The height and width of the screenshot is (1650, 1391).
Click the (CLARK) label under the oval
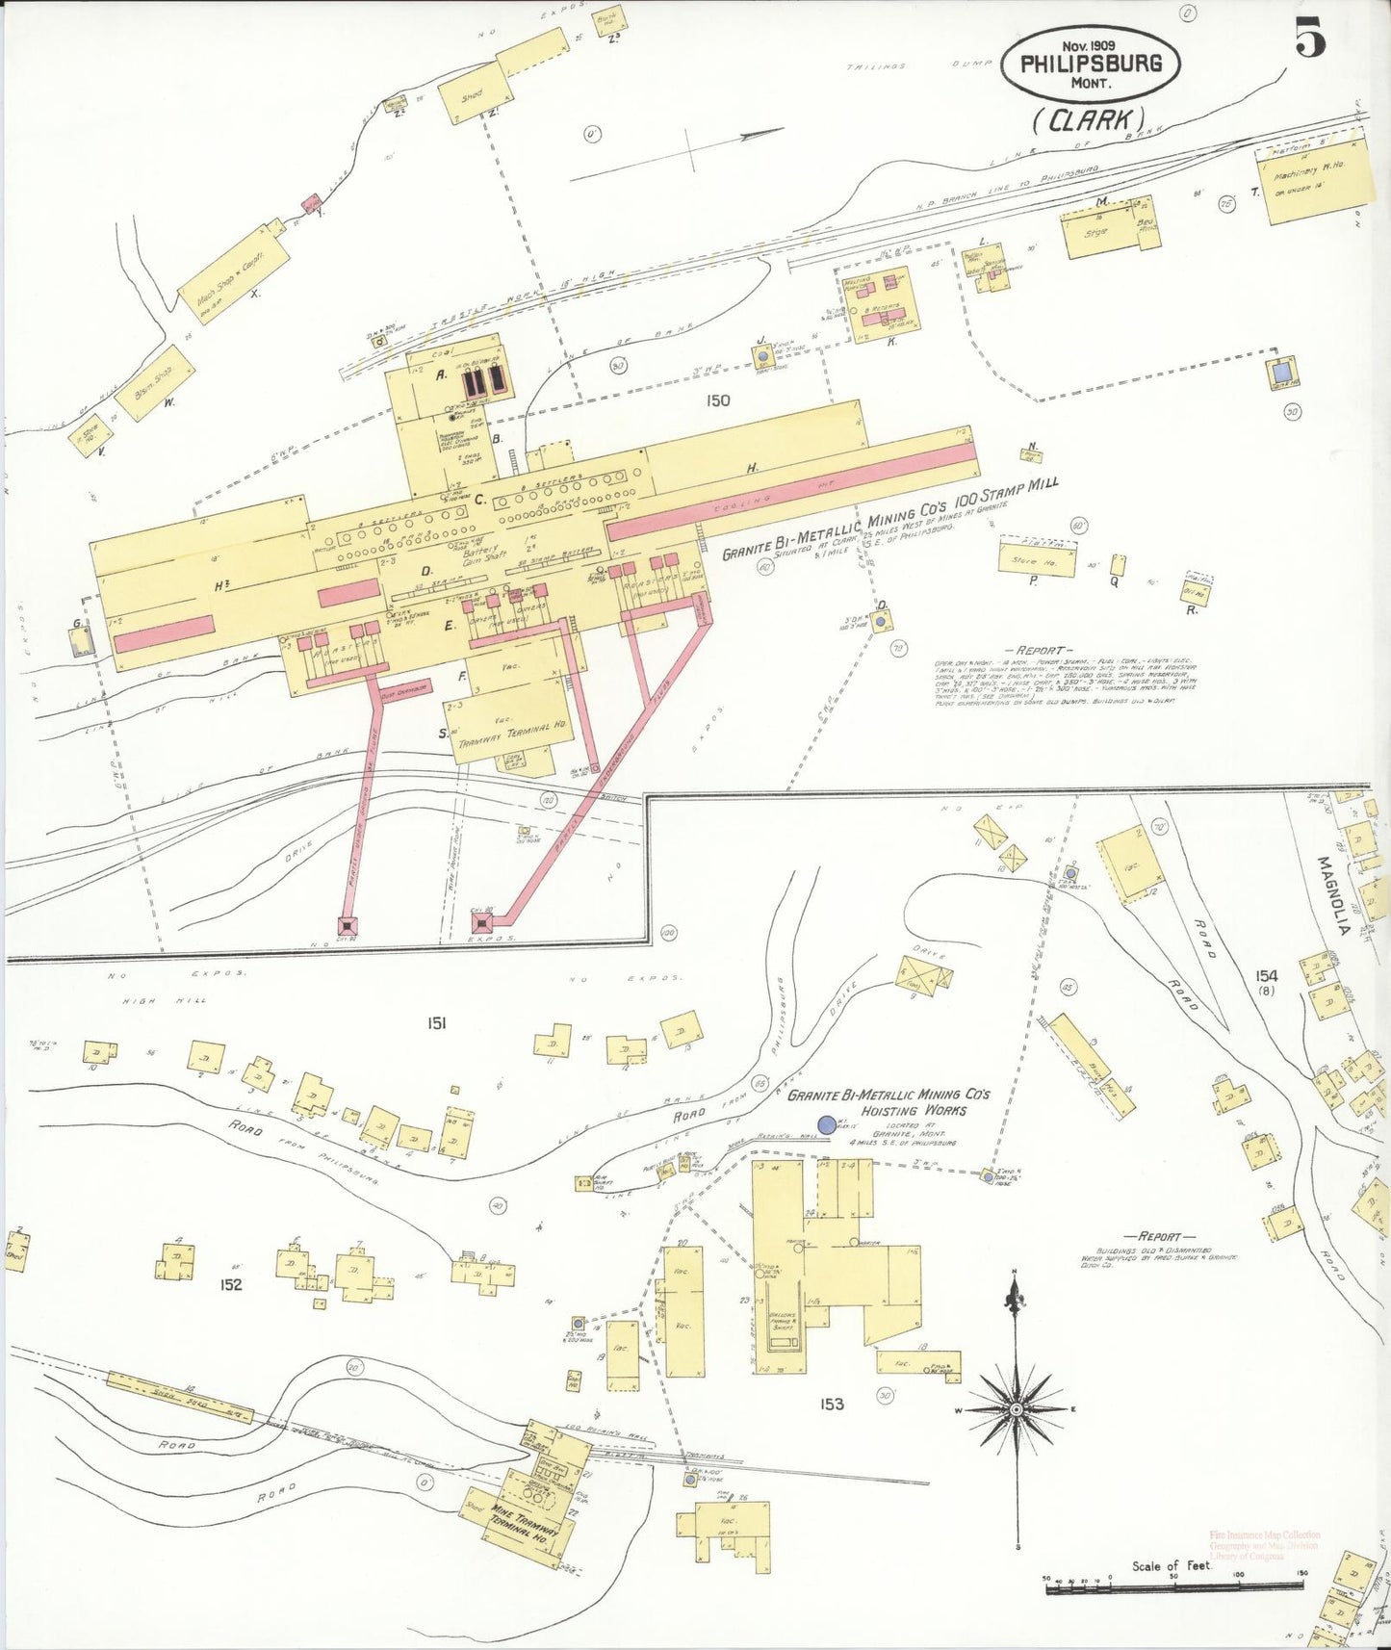coord(1089,119)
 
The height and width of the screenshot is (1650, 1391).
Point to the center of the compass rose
coord(1015,1409)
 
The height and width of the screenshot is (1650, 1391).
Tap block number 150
coord(717,400)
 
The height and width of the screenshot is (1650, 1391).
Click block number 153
coord(833,1405)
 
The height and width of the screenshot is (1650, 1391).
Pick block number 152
coord(230,1284)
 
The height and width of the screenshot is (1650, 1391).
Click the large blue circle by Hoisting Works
coord(826,1124)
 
